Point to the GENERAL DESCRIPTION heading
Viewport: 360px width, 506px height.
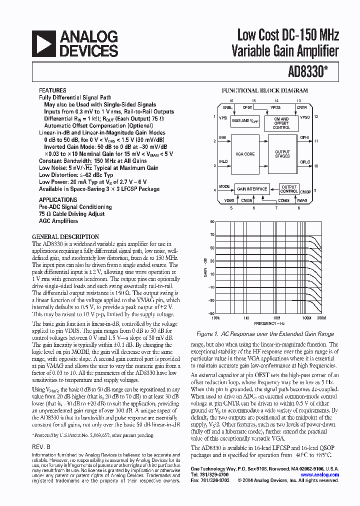[x=65, y=236]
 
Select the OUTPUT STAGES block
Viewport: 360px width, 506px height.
[x=282, y=154]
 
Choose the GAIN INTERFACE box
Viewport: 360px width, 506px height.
[x=252, y=189]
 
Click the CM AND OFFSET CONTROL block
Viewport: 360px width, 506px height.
[x=281, y=123]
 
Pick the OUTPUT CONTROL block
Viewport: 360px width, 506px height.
[x=289, y=189]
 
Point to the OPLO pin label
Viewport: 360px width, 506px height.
[x=304, y=162]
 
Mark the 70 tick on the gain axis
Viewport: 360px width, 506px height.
[x=212, y=234]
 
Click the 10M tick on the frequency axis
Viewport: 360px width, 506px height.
[x=276, y=318]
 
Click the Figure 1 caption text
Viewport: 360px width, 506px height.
[x=265, y=333]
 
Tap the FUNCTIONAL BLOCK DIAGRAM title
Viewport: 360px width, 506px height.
[x=265, y=91]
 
